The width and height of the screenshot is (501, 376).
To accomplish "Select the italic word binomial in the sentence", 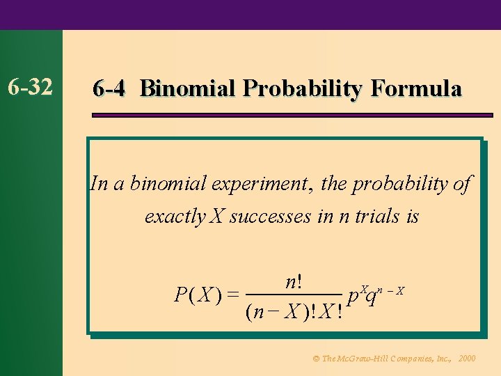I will [170, 184].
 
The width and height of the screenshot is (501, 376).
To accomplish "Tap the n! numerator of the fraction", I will [293, 282].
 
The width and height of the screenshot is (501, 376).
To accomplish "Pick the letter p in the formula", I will [353, 298].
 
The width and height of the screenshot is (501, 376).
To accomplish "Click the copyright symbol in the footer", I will [316, 359].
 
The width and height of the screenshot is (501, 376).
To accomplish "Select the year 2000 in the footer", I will [468, 359].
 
